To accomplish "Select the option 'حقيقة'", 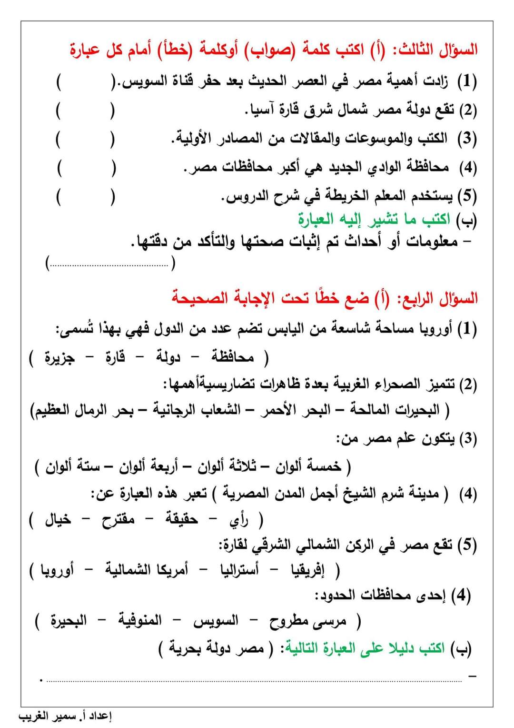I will [181, 519].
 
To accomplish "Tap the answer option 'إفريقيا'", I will [308, 570].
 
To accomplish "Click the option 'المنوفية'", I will [140, 620].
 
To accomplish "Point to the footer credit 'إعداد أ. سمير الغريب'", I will [65, 717].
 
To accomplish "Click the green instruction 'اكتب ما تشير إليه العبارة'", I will [374, 219].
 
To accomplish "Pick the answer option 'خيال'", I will [58, 519].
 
